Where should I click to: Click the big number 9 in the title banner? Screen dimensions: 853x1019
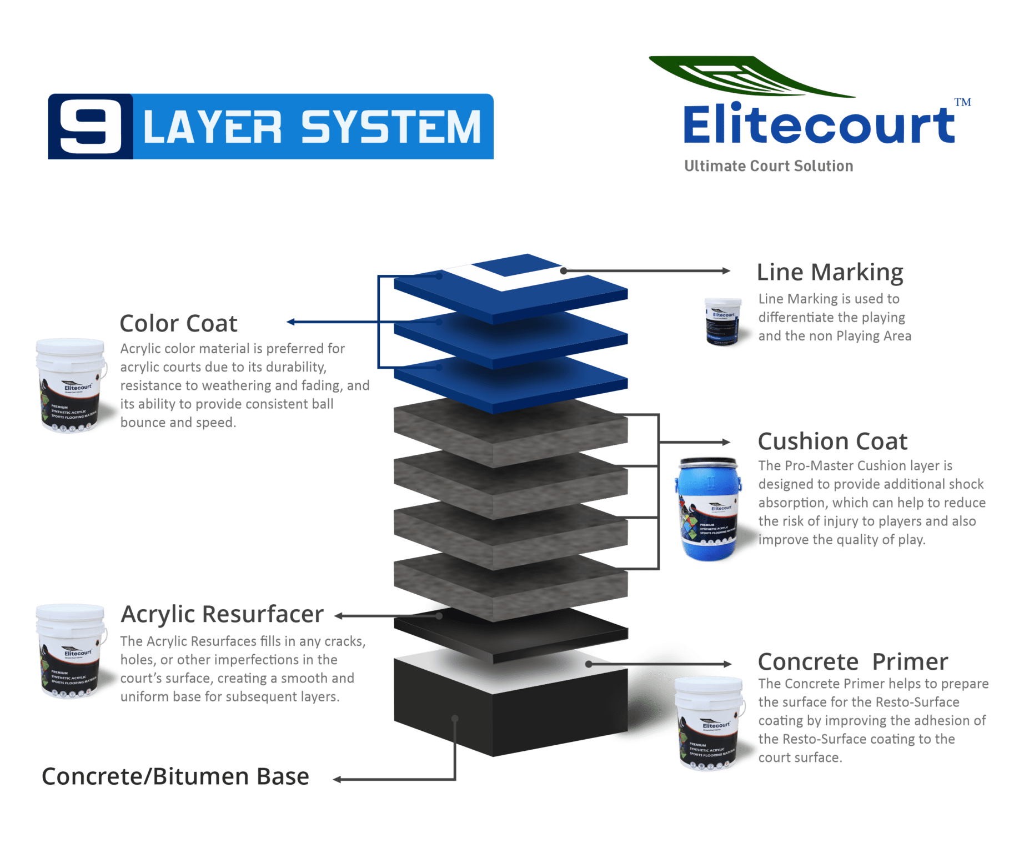(91, 127)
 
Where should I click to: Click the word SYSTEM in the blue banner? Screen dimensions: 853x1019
(391, 127)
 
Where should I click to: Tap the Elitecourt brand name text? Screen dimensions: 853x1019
(819, 125)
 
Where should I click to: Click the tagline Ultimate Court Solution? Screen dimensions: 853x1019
(769, 166)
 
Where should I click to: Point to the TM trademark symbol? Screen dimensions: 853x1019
(963, 102)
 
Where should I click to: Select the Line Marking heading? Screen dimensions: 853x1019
(830, 273)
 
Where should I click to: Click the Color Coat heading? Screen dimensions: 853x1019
(179, 324)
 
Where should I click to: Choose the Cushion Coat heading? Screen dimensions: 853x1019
(832, 442)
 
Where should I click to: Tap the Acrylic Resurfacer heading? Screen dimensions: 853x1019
(222, 615)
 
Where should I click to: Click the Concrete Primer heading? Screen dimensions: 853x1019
(852, 662)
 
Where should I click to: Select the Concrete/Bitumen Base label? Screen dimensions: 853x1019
(175, 777)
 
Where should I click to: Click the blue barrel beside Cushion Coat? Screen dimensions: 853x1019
(708, 508)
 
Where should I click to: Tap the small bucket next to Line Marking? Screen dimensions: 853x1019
(722, 322)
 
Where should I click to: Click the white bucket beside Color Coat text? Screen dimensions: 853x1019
(71, 385)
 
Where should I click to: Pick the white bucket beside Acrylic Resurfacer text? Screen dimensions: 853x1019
(71, 650)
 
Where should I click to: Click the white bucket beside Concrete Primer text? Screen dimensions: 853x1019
(709, 722)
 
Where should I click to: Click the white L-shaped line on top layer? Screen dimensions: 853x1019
(503, 278)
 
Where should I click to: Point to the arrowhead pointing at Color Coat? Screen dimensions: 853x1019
(290, 322)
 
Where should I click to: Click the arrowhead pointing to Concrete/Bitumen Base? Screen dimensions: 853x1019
(337, 780)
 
